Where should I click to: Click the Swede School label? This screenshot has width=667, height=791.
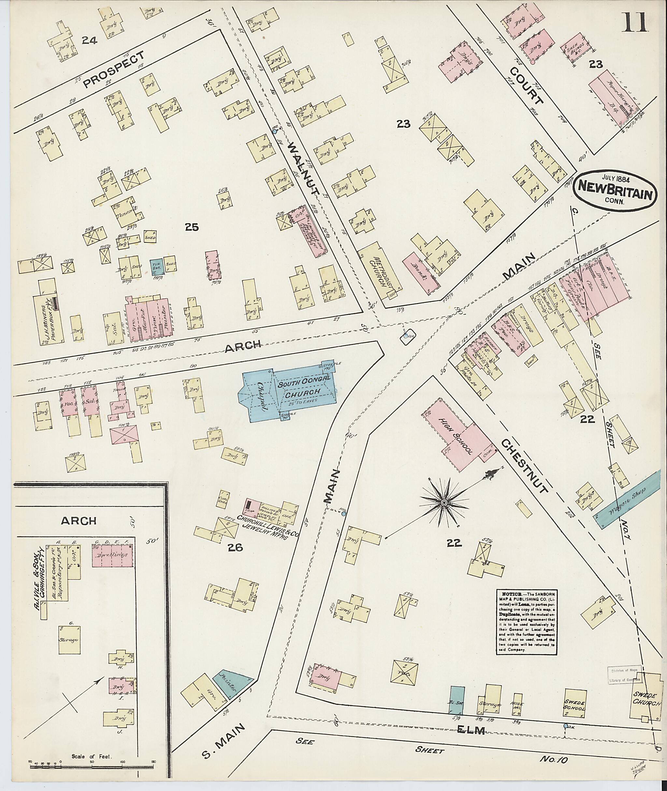coord(575,704)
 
